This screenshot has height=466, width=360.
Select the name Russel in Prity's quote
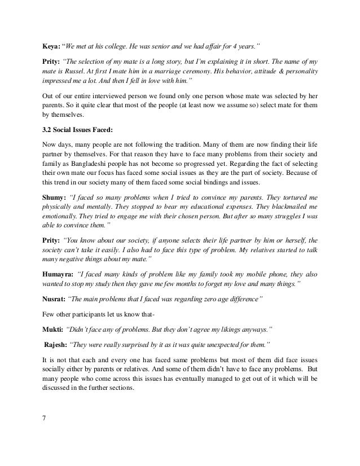click(x=85, y=73)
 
